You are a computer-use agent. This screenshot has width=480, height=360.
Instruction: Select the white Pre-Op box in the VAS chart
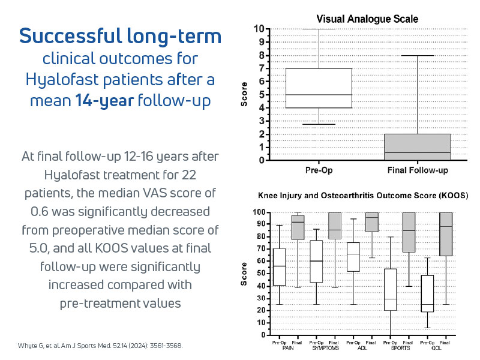[x=319, y=88]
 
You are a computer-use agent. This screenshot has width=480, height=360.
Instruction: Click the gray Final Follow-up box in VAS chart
[x=418, y=147]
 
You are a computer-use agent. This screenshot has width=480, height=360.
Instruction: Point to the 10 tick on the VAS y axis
[x=258, y=29]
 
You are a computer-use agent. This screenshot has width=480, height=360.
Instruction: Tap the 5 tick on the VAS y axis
[x=259, y=95]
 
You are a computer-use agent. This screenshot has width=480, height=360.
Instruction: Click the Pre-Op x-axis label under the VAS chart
[x=319, y=170]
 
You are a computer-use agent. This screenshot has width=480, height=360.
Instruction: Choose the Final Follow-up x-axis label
[x=418, y=170]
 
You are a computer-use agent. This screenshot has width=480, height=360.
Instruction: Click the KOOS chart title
[x=363, y=196]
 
